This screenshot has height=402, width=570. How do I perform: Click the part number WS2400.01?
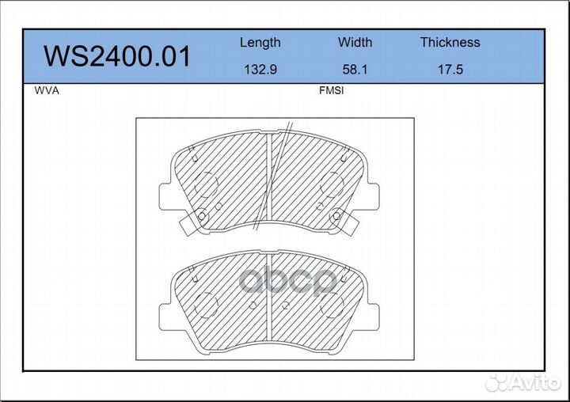point(117,56)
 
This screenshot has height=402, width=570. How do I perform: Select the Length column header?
point(260,43)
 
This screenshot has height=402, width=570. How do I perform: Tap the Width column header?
point(355,42)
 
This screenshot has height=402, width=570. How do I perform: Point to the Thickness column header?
point(450,42)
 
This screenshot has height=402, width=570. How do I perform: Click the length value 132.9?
point(260,69)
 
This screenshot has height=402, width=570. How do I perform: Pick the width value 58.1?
point(355,69)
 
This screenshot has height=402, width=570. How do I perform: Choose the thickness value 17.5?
point(450,69)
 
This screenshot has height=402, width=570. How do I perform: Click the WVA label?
point(47,90)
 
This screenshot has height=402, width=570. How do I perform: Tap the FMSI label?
point(331,90)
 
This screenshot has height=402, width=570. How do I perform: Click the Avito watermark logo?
point(523,382)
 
